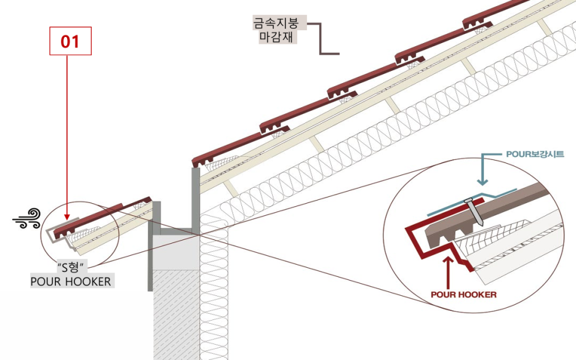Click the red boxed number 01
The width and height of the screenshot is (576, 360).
pyautogui.click(x=70, y=41)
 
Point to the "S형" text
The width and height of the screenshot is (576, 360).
pyautogui.click(x=71, y=269)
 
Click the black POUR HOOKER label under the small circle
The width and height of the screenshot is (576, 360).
pyautogui.click(x=71, y=282)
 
